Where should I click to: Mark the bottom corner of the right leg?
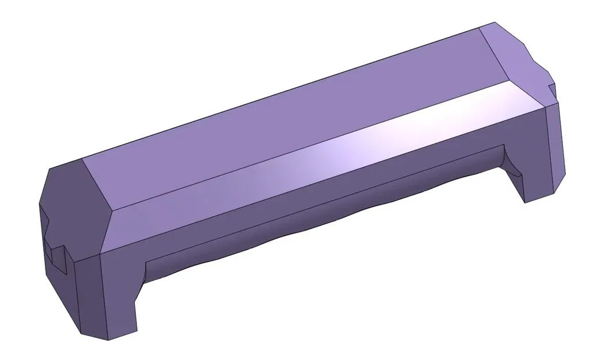526,202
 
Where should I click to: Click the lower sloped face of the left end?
63,300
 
